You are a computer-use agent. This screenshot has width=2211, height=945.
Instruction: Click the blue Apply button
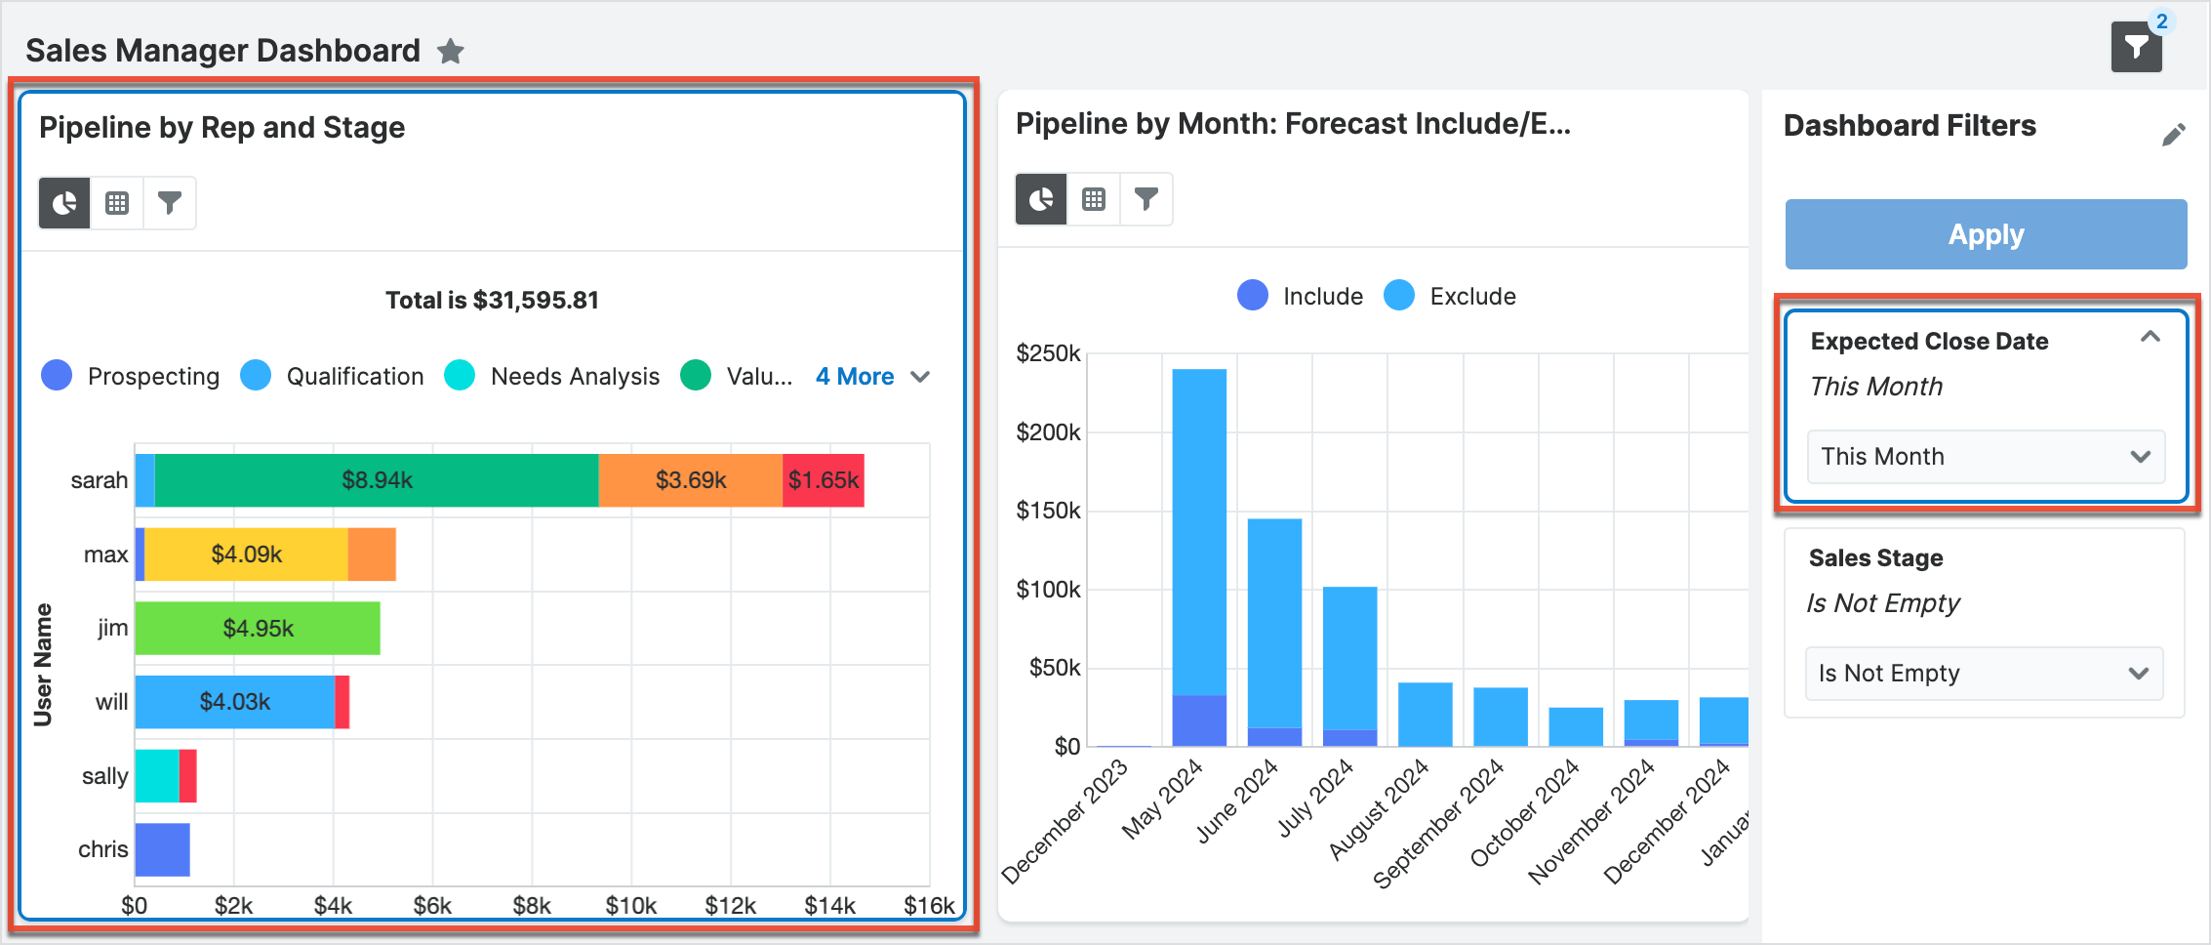[x=1986, y=234]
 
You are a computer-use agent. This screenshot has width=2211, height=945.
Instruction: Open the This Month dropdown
[x=1986, y=457]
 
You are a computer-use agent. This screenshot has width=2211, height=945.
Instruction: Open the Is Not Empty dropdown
[x=1984, y=674]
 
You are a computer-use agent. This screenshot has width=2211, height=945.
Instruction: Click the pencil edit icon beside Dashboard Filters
[x=2173, y=135]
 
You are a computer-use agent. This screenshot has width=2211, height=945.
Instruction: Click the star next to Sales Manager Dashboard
[x=450, y=51]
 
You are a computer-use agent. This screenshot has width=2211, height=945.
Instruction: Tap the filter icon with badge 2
[x=2137, y=47]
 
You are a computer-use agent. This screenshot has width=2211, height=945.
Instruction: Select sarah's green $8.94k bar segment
[x=377, y=480]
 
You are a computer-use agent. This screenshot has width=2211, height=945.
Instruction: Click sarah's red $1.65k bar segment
[x=824, y=480]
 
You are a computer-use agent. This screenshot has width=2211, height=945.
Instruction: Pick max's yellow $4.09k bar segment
[x=246, y=555]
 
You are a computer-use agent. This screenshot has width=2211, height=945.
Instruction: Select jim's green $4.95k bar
[x=258, y=629]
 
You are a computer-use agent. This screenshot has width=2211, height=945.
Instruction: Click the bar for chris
[x=162, y=849]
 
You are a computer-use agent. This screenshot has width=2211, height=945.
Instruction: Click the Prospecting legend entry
[x=131, y=377]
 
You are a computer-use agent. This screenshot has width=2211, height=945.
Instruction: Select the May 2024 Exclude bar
[x=1199, y=527]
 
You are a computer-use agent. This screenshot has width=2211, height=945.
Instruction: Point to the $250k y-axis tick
[x=1048, y=353]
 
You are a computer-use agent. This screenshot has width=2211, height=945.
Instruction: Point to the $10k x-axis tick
[x=631, y=906]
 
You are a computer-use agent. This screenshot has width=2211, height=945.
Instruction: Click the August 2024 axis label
[x=1379, y=810]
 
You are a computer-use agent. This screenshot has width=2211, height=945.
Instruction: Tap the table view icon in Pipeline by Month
[x=1094, y=199]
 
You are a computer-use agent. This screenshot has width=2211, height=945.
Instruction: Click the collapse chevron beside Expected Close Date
[x=2150, y=337]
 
